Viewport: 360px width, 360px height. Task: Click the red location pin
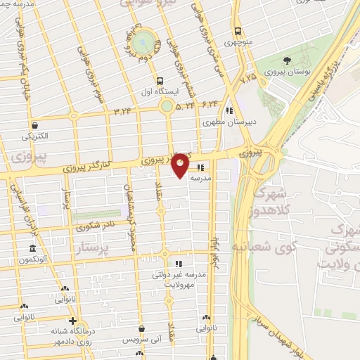(x=180, y=165)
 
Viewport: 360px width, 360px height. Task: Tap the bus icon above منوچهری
(x=238, y=31)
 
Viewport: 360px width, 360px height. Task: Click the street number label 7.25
(x=248, y=80)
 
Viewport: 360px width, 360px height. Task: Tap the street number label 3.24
(x=122, y=110)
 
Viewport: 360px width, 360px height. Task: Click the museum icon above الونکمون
(x=33, y=248)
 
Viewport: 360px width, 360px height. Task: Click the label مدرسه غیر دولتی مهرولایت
(x=179, y=279)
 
